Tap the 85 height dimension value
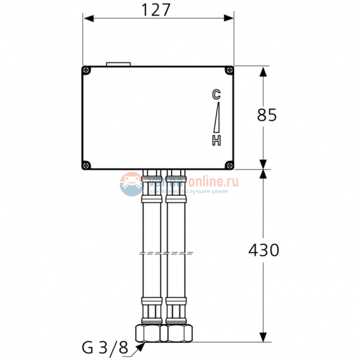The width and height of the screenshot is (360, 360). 267,115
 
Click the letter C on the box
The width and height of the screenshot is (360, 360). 217,94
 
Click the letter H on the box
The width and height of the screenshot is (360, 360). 217,141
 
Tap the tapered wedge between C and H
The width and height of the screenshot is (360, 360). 217,117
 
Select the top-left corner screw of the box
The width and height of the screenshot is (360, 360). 86,70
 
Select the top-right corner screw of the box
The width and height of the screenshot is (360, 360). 229,70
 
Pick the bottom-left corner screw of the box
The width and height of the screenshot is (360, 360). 86,164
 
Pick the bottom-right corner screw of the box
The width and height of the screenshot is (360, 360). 229,164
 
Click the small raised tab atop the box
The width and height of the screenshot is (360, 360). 117,64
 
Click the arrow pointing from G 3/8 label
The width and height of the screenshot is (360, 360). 138,346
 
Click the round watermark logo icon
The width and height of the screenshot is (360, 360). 131,184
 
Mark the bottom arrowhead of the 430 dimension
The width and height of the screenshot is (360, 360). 263,337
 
